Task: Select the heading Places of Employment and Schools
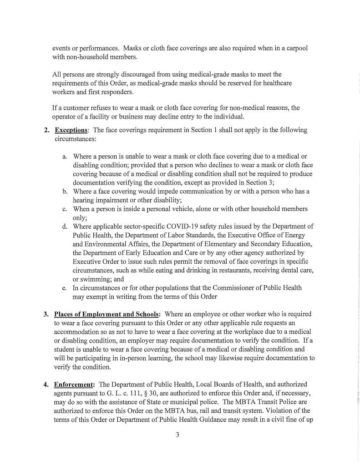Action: click(107, 314)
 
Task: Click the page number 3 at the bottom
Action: click(178, 435)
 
